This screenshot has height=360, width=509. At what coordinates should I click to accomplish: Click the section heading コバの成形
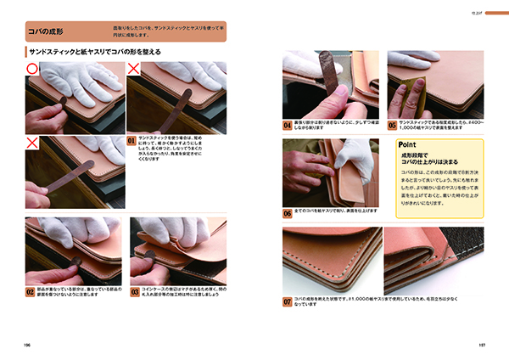(x=46, y=33)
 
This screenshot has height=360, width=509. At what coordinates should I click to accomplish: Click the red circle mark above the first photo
(x=31, y=66)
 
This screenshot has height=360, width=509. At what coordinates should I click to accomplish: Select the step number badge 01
(x=131, y=141)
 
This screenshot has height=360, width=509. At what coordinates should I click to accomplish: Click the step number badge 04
(x=288, y=124)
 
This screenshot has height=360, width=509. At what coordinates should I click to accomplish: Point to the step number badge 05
(x=392, y=124)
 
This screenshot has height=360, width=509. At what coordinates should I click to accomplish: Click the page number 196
(x=29, y=345)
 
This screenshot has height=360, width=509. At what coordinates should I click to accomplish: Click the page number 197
(x=480, y=345)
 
